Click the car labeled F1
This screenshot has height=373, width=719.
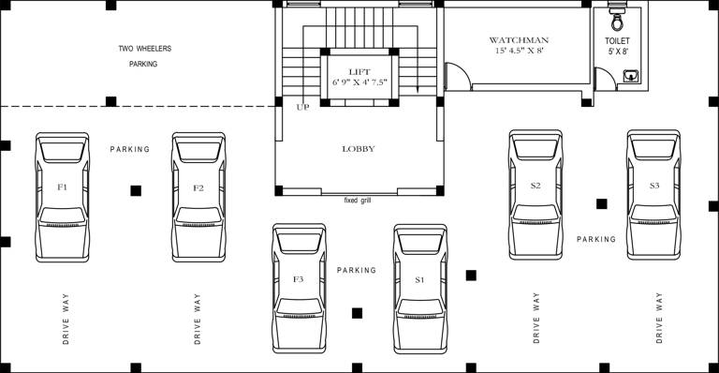pos(63,196)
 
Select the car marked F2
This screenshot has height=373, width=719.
pos(198,196)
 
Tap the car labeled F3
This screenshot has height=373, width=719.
pos(299,288)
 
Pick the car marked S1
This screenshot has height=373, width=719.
pos(420,288)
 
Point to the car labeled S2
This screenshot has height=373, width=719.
pos(536,195)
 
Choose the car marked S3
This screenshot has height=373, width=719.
pos(654,195)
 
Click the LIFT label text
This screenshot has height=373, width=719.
pos(359,71)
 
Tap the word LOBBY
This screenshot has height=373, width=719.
pos(359,148)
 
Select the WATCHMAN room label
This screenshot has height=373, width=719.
pos(519,40)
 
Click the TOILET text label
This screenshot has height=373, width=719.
pos(617,41)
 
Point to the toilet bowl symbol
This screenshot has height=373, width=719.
pos(617,20)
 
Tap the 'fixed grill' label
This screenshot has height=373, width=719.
pos(359,201)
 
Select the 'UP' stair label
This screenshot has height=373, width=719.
pos(302,107)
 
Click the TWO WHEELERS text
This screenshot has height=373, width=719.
pos(145,48)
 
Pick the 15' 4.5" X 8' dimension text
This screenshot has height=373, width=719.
pos(519,52)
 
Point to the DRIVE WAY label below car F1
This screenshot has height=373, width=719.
pos(66,319)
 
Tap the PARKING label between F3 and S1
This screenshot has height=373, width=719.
pos(357,270)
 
